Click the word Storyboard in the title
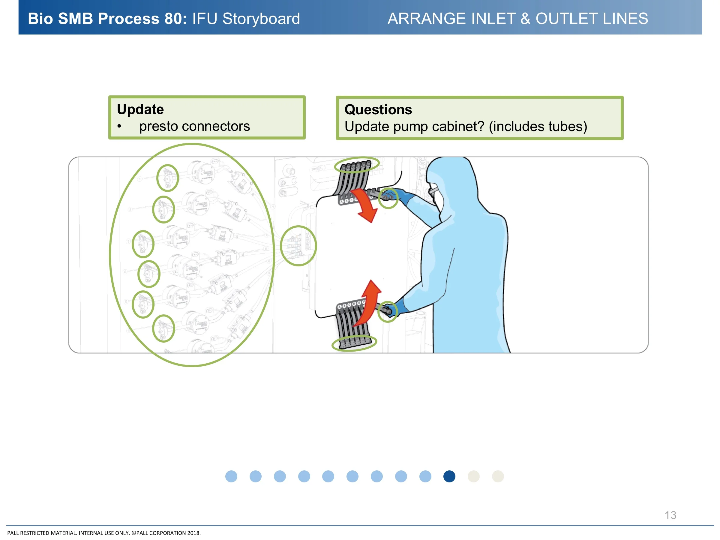tap(261, 19)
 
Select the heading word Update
tap(140, 109)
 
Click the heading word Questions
tap(378, 110)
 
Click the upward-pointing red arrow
tap(369, 301)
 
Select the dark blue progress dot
tap(449, 476)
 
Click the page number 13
tap(670, 515)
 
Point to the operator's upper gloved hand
tap(395, 195)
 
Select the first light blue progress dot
tap(231, 476)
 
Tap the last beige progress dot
tap(498, 476)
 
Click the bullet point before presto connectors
tap(119, 127)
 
